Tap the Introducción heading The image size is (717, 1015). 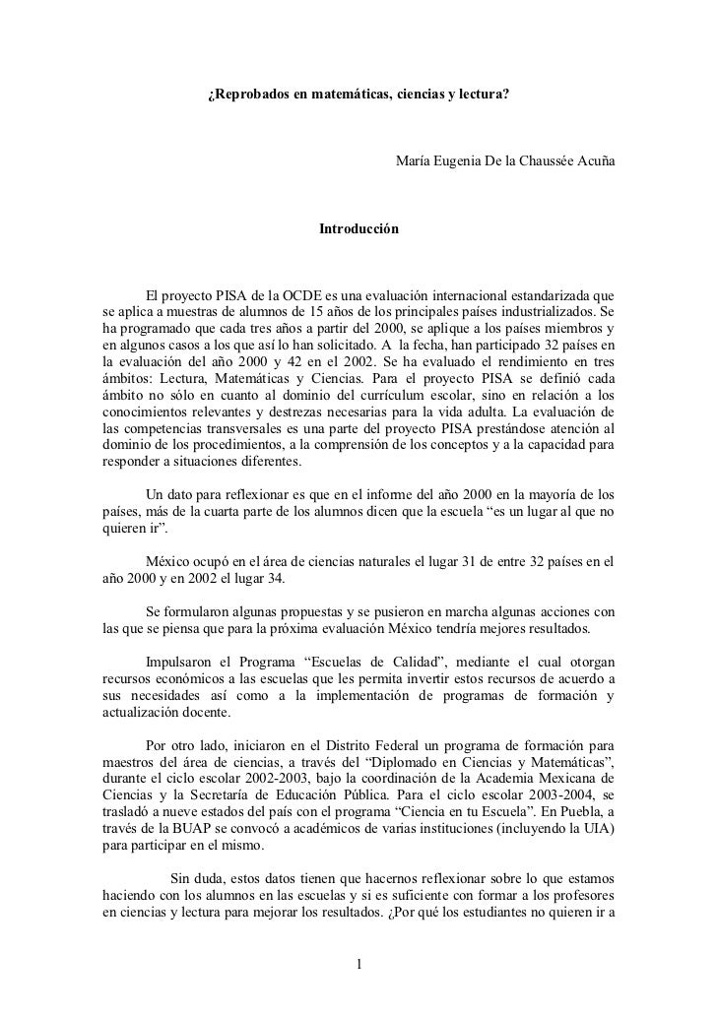[x=358, y=227]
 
